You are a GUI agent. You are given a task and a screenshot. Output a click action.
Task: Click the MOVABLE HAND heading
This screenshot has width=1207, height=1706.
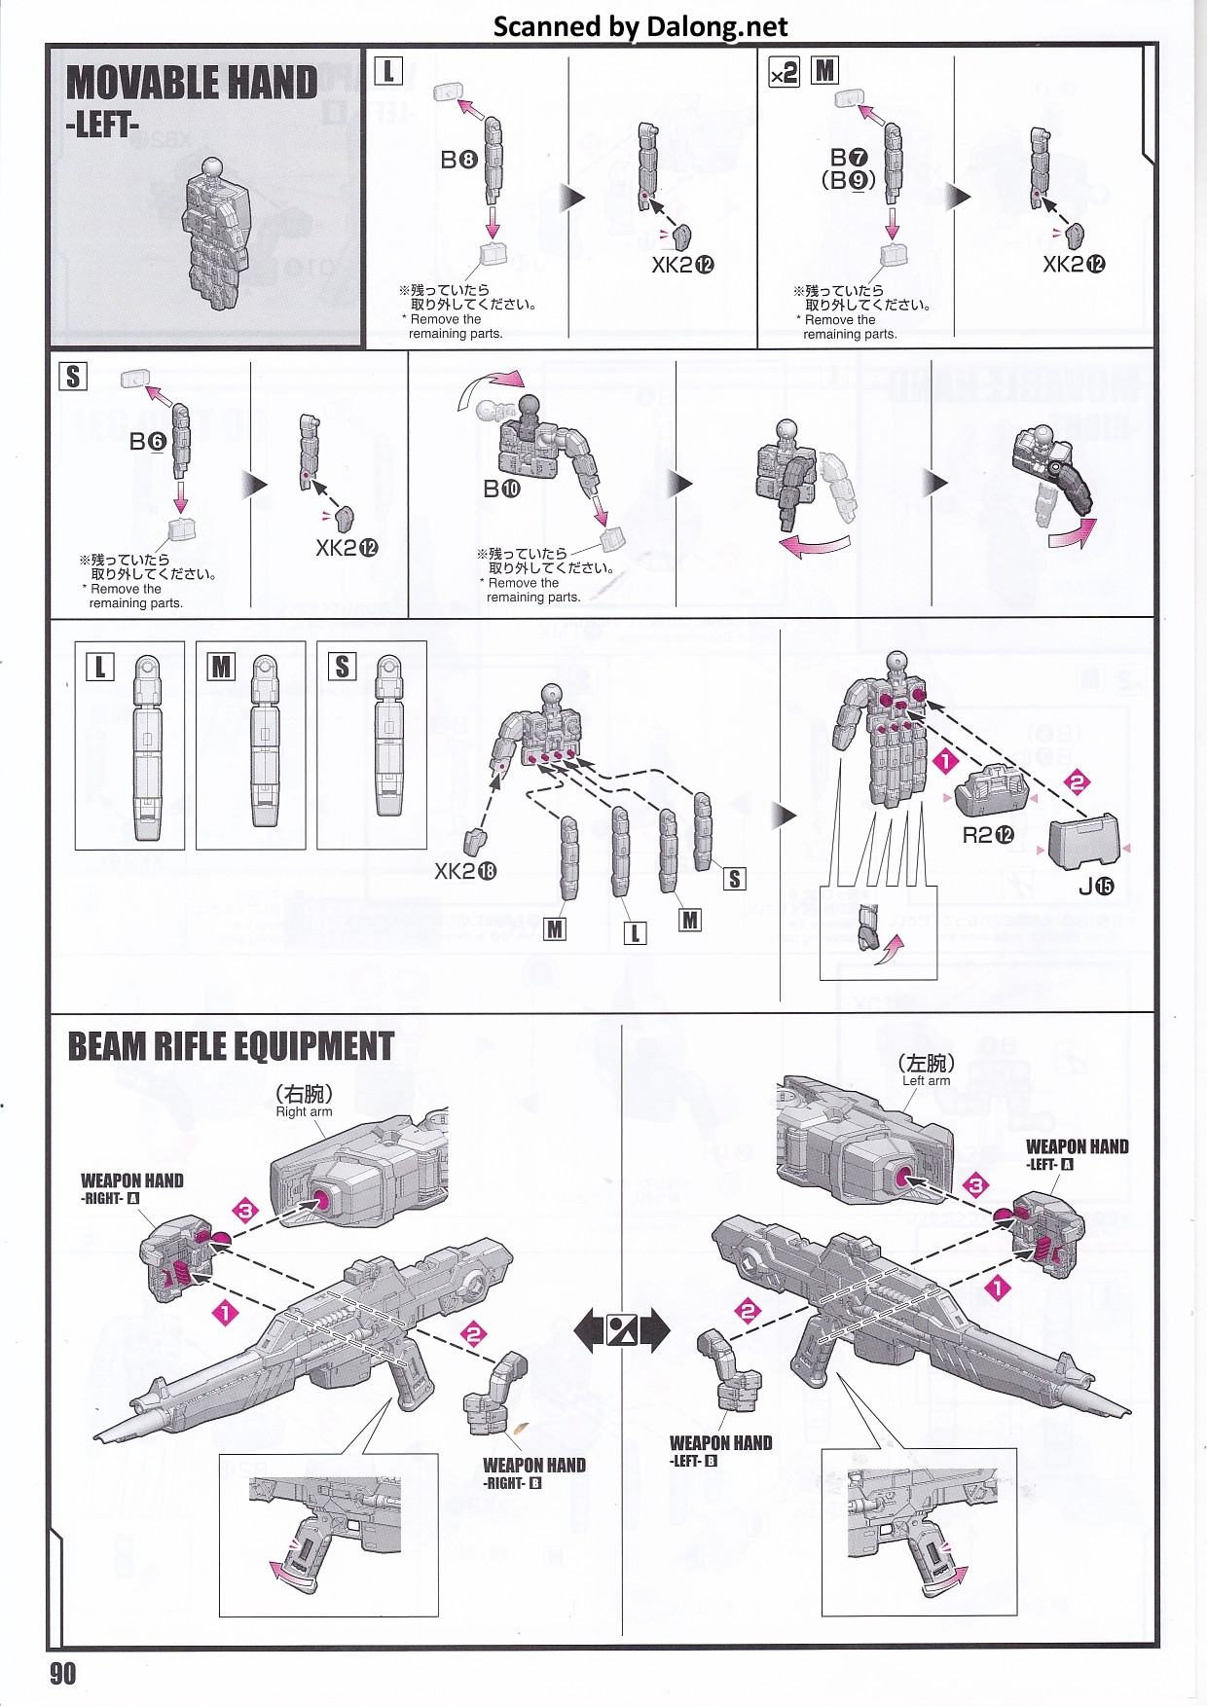(x=192, y=83)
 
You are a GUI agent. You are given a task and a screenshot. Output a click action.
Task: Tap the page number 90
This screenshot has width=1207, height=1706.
(x=63, y=1673)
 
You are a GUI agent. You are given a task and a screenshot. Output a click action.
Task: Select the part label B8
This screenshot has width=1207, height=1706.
(x=458, y=160)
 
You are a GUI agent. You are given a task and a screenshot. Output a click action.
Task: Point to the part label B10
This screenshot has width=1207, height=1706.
(x=502, y=489)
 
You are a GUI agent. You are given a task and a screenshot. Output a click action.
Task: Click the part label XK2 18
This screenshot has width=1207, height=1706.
(x=465, y=871)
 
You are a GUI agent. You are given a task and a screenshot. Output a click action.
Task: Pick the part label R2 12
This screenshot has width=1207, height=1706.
(x=988, y=835)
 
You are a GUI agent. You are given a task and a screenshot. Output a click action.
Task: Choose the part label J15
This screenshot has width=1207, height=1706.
(x=1096, y=886)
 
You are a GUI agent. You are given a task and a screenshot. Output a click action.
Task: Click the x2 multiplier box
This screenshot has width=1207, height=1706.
(x=784, y=72)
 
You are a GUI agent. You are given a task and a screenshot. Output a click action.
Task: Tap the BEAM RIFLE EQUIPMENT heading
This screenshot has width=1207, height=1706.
(x=231, y=1046)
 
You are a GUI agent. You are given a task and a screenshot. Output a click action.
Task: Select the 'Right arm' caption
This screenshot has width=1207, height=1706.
(x=304, y=1111)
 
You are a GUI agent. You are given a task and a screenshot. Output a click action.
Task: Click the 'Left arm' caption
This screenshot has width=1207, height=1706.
(x=926, y=1080)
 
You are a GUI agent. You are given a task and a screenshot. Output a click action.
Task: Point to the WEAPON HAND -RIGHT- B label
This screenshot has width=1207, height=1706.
(x=534, y=1472)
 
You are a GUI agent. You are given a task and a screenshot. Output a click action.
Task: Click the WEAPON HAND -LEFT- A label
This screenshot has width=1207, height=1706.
(x=1078, y=1154)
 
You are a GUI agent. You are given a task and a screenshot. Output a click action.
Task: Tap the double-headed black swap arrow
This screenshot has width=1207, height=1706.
(x=622, y=1329)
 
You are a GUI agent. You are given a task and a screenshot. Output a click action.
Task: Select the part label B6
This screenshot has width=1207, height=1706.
(x=148, y=442)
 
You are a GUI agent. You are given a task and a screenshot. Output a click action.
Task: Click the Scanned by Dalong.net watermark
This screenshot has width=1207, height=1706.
(x=640, y=26)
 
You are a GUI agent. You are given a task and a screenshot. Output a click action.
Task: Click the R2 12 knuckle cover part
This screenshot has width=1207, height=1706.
(x=992, y=789)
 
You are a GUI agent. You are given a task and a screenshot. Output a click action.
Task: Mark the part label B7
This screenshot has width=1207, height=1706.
(x=849, y=158)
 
